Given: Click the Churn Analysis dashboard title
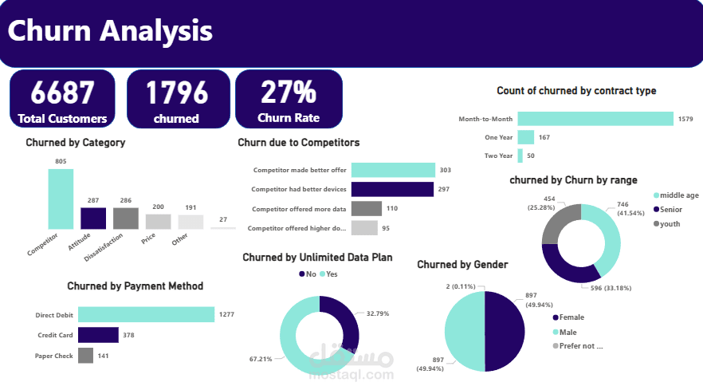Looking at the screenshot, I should [110, 32].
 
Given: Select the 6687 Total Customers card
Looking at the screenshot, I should [62, 100].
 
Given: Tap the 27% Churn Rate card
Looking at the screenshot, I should [288, 100].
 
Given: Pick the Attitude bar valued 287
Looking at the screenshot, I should [93, 218].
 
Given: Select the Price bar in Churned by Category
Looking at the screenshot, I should [158, 221].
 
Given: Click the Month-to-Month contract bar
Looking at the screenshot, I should [595, 119].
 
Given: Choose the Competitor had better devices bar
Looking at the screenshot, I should [391, 189].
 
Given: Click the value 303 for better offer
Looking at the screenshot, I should [446, 170].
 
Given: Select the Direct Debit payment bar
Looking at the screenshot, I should [146, 315].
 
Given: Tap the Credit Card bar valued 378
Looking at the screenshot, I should [98, 335].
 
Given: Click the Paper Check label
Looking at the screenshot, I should [53, 356].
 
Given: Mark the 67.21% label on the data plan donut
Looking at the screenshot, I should [260, 359].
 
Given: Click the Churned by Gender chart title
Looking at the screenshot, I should [462, 265].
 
